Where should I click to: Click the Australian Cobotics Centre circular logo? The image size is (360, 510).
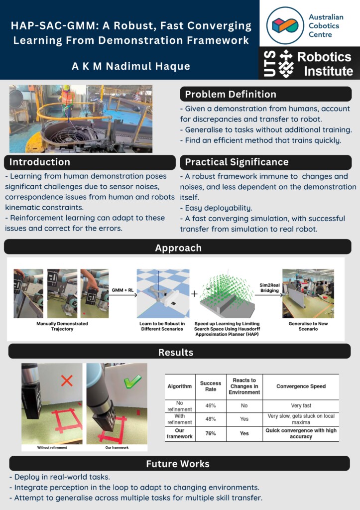285,25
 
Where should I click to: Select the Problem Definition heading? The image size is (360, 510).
231,94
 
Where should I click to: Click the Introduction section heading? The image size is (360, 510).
40,162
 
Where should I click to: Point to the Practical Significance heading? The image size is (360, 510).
236,162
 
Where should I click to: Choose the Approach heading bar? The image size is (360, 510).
178,248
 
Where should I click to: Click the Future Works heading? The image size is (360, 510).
178,464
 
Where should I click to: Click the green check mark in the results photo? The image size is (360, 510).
132,381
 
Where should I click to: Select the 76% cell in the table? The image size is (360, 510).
210,433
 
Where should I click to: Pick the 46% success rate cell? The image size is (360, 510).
210,405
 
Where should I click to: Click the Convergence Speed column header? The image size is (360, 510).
301,386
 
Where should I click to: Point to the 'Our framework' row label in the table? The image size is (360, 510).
179,433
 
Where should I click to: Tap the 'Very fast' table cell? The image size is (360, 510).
301,405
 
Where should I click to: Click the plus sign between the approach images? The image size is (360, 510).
194,294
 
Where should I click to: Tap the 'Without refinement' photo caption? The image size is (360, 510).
52,448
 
